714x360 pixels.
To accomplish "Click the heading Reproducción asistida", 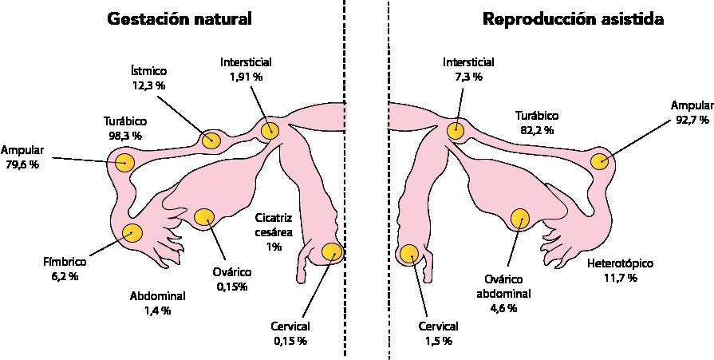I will (573, 19).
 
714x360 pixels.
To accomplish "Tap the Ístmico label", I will (150, 70).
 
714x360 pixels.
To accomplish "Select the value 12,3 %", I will (150, 84).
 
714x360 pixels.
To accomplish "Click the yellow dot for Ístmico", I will (211, 140).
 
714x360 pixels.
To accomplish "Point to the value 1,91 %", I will (247, 77).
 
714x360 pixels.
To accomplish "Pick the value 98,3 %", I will (124, 136).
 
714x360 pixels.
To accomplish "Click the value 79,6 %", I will (22, 165).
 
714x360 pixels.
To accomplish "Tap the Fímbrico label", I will (65, 262).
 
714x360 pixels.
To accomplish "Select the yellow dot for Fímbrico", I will (132, 233).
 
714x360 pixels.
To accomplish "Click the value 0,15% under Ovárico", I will (232, 286).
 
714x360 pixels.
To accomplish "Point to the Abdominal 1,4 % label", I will (157, 303).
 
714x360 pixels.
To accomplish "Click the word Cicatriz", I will (274, 217).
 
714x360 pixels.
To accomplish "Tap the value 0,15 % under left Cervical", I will (290, 341).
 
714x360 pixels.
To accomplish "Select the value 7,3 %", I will (468, 77).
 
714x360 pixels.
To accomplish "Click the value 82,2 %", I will (536, 129).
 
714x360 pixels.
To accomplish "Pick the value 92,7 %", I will (691, 120).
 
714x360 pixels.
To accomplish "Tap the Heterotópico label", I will (620, 263).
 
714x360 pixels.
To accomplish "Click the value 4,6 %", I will (503, 307).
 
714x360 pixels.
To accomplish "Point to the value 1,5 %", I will (438, 341).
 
